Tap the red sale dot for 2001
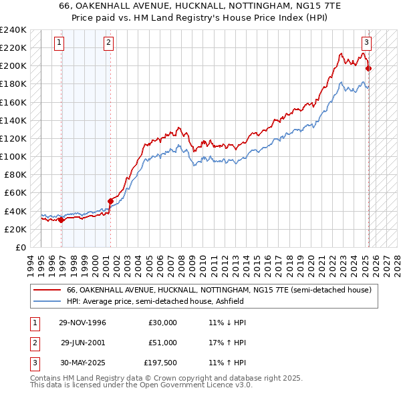coord(110,200)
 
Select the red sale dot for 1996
coord(61,220)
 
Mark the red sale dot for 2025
coord(369,68)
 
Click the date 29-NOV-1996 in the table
coord(84,322)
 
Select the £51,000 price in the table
coord(162,342)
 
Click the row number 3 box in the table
coord(33,363)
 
